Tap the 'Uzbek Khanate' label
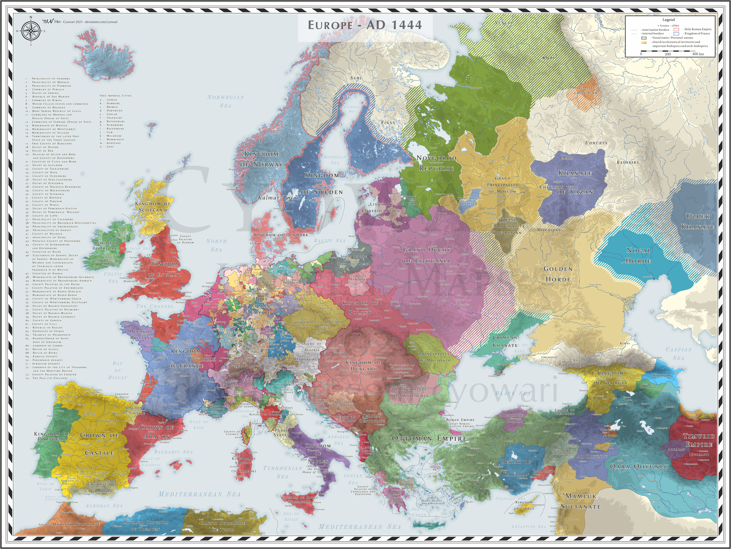click(x=698, y=221)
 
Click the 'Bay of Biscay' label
click(x=117, y=370)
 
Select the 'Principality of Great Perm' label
click(x=585, y=90)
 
